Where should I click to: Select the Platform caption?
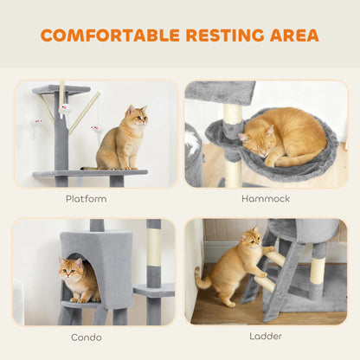pyautogui.click(x=87, y=198)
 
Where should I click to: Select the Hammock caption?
pyautogui.click(x=266, y=198)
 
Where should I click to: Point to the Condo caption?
pyautogui.click(x=87, y=336)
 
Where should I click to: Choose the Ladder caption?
pyautogui.click(x=266, y=336)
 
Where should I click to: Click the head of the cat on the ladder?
pyautogui.click(x=252, y=237)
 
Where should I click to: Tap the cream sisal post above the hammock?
pyautogui.click(x=232, y=113)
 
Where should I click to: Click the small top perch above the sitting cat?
pyautogui.click(x=61, y=89)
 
